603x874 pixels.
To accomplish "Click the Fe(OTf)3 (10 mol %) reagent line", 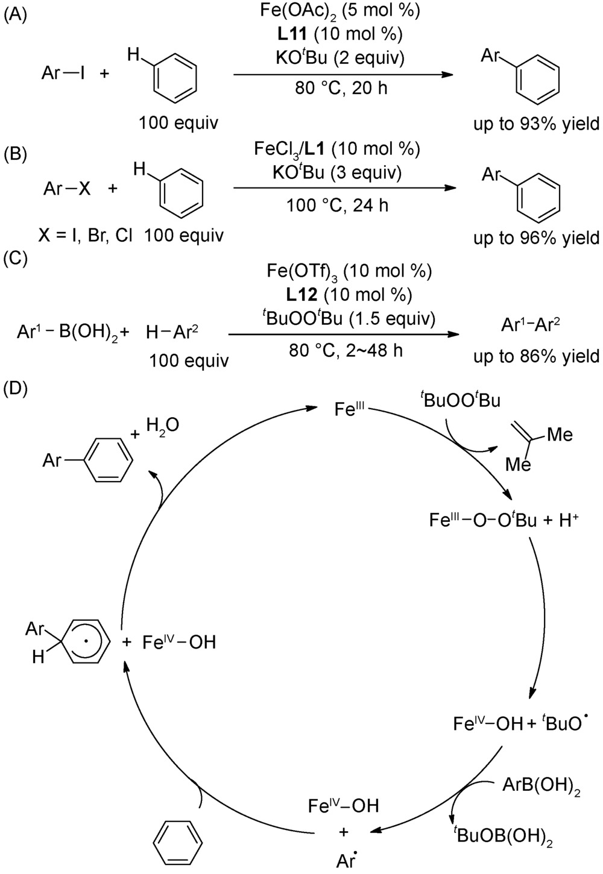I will (350, 271).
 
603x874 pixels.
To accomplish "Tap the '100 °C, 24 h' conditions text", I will (338, 206).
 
